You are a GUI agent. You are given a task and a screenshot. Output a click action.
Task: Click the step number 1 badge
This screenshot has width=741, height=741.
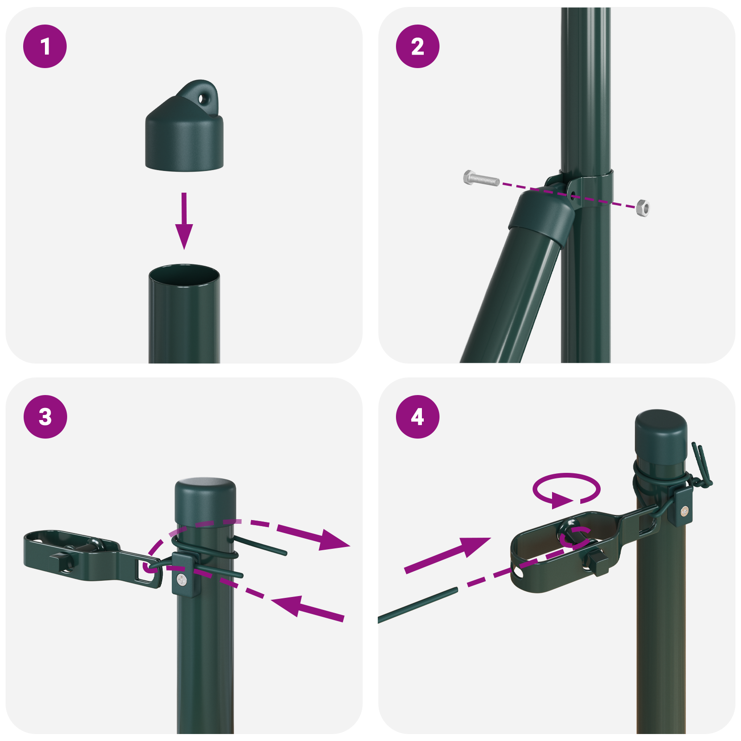point(45,46)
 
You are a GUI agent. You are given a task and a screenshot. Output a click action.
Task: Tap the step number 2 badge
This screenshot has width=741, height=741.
point(418,46)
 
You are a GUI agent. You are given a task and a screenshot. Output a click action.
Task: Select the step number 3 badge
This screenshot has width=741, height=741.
point(45,417)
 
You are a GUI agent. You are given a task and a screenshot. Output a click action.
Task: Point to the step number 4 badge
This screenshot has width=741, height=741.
point(418,417)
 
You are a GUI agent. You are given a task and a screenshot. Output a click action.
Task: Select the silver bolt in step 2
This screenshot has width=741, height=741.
point(481,178)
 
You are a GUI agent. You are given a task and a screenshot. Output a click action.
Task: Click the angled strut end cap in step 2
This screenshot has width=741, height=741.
point(542,215)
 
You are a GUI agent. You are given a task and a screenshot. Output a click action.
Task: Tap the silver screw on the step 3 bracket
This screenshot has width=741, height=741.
point(182,579)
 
